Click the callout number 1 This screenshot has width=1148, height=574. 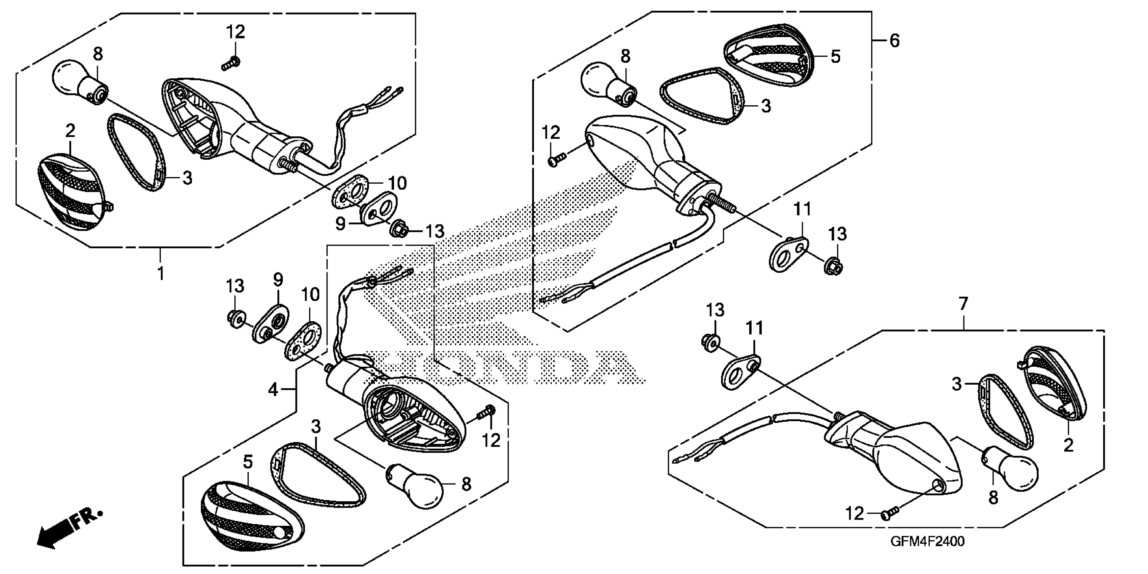click(x=161, y=273)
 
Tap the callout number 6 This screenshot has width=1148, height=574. click(x=894, y=41)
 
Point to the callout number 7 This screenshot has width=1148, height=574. click(x=963, y=305)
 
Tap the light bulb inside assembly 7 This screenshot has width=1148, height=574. click(x=1012, y=471)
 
